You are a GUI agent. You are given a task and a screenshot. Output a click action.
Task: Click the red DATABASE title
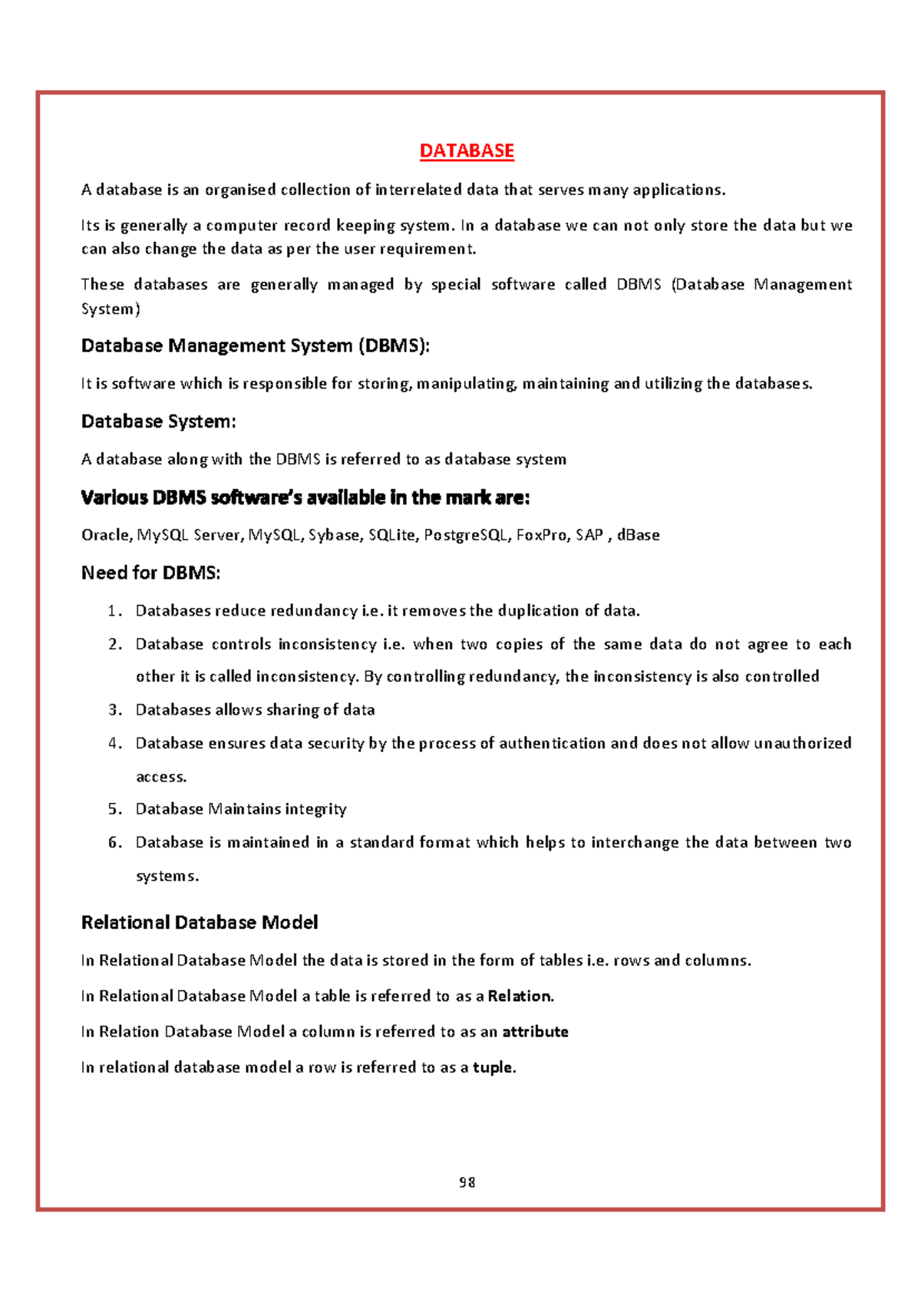pyautogui.click(x=467, y=150)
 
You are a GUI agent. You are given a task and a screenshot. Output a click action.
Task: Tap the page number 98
pyautogui.click(x=467, y=1182)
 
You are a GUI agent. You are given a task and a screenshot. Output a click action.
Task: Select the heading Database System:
pyautogui.click(x=159, y=421)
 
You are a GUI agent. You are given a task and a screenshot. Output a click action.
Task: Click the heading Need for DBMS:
pyautogui.click(x=151, y=573)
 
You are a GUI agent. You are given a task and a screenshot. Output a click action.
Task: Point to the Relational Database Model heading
pyautogui.click(x=200, y=922)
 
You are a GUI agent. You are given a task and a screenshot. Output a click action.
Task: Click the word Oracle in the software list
pyautogui.click(x=107, y=535)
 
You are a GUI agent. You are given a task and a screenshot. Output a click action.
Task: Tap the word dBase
pyautogui.click(x=638, y=535)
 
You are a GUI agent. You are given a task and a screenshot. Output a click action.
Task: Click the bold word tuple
pyautogui.click(x=494, y=1067)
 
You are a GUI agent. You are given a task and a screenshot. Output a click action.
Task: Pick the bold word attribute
pyautogui.click(x=535, y=1032)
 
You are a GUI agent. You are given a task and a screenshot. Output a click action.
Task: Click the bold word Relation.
pyautogui.click(x=520, y=996)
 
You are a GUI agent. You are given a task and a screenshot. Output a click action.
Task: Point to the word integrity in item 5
pyautogui.click(x=315, y=809)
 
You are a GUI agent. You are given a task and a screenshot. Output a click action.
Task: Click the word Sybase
pyautogui.click(x=334, y=535)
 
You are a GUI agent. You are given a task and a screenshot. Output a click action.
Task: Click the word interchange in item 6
pyautogui.click(x=635, y=843)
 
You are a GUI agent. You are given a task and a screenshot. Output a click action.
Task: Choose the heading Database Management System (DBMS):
pyautogui.click(x=256, y=346)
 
